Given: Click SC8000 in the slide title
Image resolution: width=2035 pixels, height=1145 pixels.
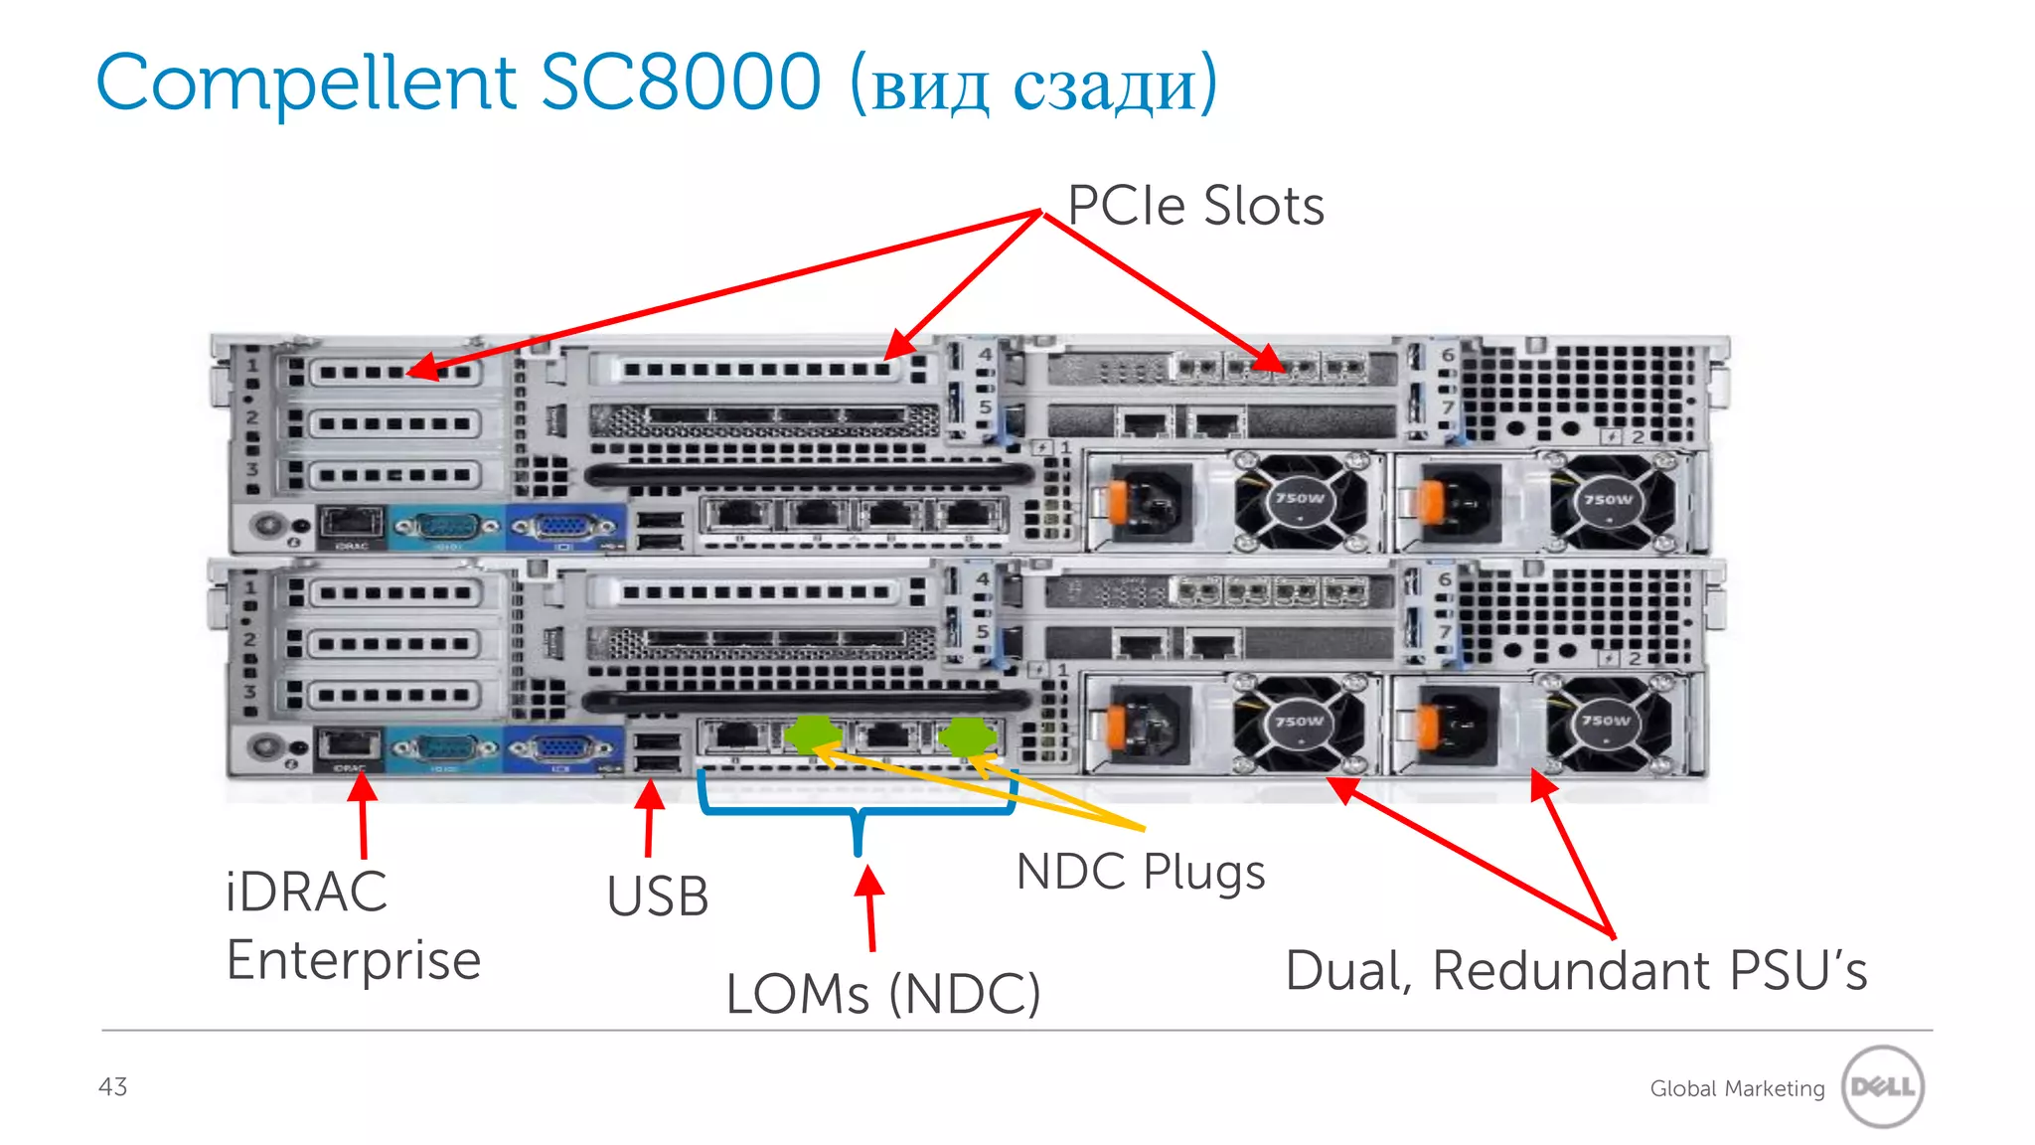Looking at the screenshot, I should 681,83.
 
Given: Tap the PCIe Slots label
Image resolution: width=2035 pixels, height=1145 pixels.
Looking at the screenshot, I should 1195,207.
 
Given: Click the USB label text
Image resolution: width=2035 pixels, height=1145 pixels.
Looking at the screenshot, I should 658,897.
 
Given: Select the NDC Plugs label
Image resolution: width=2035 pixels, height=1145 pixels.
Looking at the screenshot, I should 1141,873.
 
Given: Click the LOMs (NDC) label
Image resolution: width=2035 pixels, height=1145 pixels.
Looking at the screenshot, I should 882,994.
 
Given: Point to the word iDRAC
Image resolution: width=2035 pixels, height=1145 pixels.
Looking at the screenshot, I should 306,892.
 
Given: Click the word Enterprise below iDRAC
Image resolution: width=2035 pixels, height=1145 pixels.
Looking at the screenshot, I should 354,961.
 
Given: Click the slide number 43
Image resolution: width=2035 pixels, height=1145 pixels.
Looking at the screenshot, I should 112,1086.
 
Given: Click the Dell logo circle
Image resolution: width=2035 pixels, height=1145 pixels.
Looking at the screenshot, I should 1882,1086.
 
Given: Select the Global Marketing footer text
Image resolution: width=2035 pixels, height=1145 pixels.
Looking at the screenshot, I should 1737,1089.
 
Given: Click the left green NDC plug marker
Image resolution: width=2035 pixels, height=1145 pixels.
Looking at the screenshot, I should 812,736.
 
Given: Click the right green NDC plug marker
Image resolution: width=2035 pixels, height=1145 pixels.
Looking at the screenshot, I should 966,736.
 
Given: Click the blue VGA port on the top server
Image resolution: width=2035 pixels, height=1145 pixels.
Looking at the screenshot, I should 564,526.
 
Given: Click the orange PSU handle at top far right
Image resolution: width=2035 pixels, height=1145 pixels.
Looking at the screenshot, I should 1430,501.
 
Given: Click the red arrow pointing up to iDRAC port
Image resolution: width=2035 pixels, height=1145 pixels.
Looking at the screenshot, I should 363,815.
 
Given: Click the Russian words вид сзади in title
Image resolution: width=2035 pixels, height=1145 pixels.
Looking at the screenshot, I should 1033,85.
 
